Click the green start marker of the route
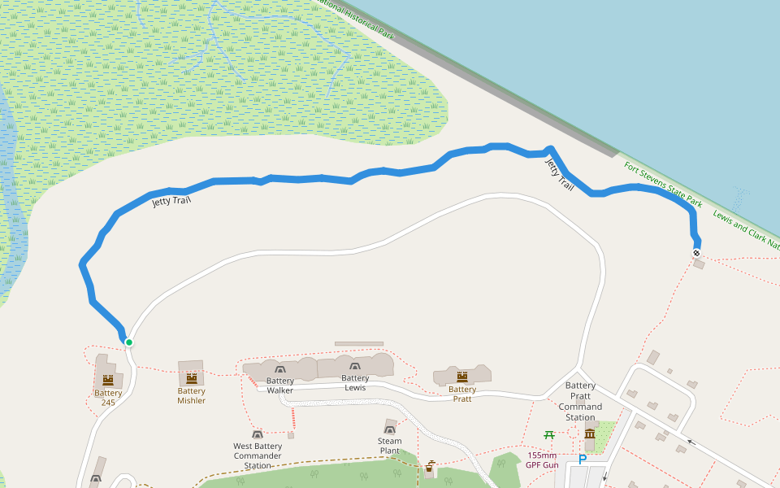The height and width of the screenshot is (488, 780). [x=129, y=342]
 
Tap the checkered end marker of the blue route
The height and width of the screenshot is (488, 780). [x=696, y=253]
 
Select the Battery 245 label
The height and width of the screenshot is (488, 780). [x=108, y=398]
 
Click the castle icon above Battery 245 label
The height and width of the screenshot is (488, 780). [x=108, y=380]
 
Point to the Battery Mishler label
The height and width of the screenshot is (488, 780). [x=192, y=395]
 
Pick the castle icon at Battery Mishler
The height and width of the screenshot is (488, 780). [x=192, y=377]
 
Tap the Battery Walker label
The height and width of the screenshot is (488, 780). [x=280, y=386]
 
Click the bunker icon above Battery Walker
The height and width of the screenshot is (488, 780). [x=280, y=371]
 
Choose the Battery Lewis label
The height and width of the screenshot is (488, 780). [x=355, y=383]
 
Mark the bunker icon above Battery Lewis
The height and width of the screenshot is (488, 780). [x=354, y=368]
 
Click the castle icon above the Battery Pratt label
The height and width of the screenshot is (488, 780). [x=462, y=376]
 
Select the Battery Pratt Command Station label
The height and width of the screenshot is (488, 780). [x=580, y=402]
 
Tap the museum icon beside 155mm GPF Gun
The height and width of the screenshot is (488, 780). [x=589, y=434]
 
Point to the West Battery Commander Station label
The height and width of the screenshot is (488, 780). [x=258, y=455]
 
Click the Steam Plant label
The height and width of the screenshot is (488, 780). [x=390, y=446]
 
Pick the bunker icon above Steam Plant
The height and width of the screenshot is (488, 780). [x=390, y=428]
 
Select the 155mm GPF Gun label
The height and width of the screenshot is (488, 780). [x=541, y=460]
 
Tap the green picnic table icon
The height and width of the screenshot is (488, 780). [x=549, y=435]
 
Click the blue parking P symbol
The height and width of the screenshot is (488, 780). [x=582, y=460]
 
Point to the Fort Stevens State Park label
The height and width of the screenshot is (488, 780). [x=662, y=183]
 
